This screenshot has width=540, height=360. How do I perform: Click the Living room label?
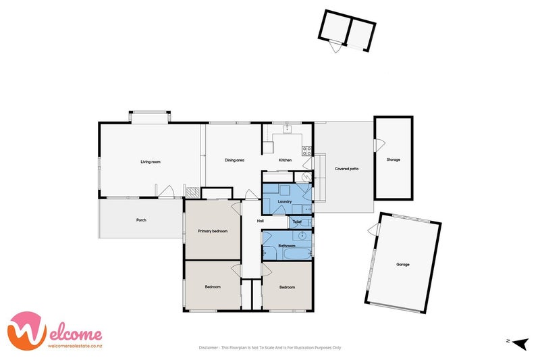(151, 161)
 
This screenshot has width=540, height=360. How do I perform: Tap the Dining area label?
(234, 160)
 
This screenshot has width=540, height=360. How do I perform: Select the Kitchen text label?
(285, 160)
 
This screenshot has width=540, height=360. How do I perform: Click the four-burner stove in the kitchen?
(307, 151)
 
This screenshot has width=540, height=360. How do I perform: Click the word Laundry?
(285, 201)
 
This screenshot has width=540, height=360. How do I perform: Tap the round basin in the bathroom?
(302, 236)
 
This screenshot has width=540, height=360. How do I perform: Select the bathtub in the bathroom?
(296, 254)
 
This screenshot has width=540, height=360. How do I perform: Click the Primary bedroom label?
(213, 231)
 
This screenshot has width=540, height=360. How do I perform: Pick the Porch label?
(141, 220)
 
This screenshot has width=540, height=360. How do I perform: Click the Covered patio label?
(347, 169)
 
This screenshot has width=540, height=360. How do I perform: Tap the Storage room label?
(394, 160)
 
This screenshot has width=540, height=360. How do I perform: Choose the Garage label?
(403, 265)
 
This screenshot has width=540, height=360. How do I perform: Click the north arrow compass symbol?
(520, 342)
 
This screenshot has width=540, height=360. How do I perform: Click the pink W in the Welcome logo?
(27, 331)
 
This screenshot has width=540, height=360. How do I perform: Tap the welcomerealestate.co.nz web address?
(75, 346)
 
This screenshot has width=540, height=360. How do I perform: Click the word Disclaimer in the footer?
(209, 348)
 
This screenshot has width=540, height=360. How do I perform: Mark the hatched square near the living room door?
(193, 192)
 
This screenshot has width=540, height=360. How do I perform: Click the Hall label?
(261, 221)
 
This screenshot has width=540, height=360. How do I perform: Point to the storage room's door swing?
(380, 145)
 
